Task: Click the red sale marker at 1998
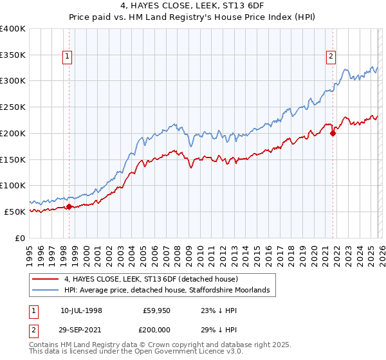[x=69, y=206]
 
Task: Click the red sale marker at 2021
[x=333, y=133]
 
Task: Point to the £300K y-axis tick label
[x=12, y=81]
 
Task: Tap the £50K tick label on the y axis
[x=14, y=212]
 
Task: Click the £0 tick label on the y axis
[x=19, y=238]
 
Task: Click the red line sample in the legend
[x=46, y=279]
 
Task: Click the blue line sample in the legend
[x=46, y=291]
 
